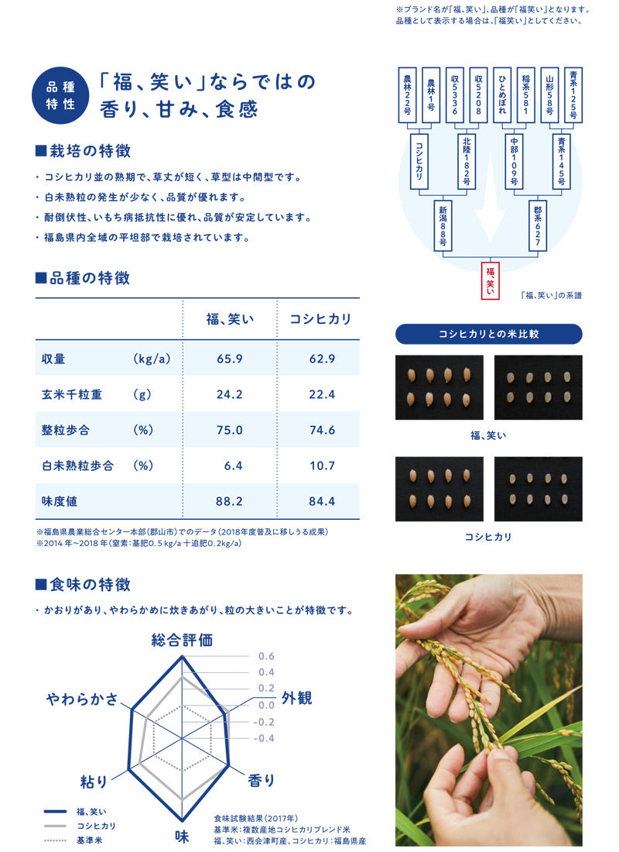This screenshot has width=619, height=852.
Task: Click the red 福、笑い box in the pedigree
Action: [490, 281]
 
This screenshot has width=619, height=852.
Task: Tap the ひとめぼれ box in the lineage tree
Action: [501, 94]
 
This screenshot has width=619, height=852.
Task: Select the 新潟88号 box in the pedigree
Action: [443, 225]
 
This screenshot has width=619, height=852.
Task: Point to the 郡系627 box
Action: [538, 225]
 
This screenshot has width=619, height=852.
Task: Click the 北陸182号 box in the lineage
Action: [467, 161]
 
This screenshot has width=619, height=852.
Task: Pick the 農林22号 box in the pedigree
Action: [407, 94]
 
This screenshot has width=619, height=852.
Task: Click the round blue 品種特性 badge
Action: [60, 95]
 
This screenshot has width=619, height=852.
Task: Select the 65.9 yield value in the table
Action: [230, 359]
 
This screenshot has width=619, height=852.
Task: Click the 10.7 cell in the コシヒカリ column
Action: [322, 466]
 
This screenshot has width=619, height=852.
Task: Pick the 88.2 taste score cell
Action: [229, 501]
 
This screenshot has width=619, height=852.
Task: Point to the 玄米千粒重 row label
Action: [72, 394]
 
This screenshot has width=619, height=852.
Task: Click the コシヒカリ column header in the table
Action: [320, 319]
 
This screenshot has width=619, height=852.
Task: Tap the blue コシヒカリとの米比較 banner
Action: [489, 334]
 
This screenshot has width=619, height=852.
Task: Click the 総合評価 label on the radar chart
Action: [182, 640]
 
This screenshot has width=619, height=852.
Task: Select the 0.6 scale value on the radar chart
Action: [266, 656]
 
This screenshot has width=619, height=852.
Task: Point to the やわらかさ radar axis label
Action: [82, 699]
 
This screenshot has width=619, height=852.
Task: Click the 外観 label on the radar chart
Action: [296, 698]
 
